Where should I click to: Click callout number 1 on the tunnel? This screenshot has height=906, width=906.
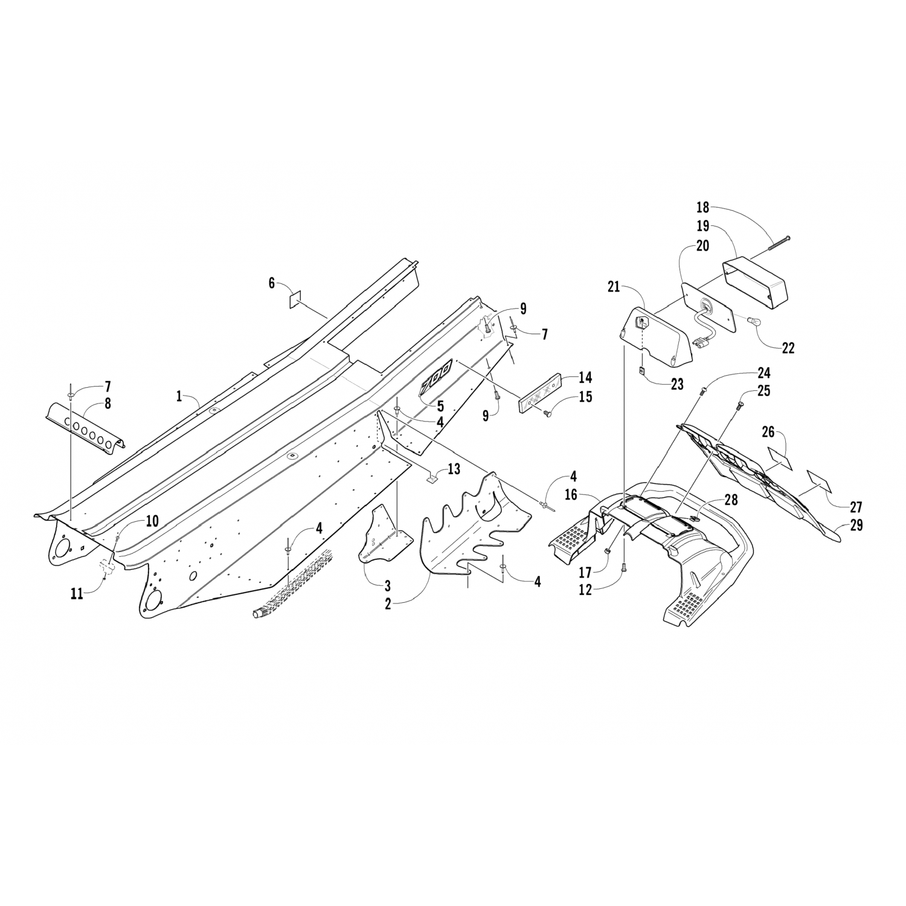click(x=179, y=396)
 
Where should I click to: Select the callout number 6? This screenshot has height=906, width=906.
click(x=271, y=282)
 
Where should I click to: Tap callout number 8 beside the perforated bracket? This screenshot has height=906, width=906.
click(x=108, y=403)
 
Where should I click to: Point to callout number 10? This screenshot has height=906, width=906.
click(x=152, y=521)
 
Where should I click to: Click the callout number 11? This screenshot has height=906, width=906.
click(x=76, y=594)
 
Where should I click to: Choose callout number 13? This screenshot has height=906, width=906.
click(x=453, y=469)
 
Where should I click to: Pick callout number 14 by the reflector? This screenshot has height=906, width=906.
click(x=585, y=377)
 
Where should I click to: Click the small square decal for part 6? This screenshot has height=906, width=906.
click(x=294, y=300)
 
